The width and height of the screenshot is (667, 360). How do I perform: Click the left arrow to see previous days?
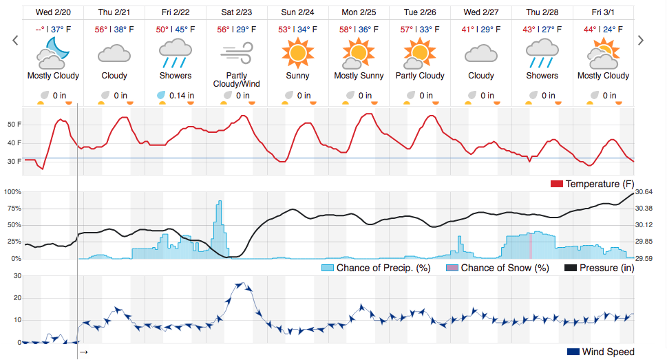15,41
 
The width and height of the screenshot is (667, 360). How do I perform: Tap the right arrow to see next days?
641,41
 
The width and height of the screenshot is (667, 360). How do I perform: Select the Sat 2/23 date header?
237,12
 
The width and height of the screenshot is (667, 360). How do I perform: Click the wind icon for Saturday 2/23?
237,53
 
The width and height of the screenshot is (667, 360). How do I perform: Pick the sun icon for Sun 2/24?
298,52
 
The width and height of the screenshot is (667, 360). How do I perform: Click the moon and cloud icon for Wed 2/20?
53,52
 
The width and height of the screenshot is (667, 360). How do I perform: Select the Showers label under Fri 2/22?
176,76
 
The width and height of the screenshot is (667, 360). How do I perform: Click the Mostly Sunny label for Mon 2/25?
359,76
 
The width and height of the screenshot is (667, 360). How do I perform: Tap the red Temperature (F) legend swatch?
557,184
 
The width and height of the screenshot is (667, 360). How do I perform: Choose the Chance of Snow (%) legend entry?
497,268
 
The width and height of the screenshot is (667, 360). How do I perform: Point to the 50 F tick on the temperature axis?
14,125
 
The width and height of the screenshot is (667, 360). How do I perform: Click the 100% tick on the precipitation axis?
13,191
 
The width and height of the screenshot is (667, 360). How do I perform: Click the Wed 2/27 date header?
480,12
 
